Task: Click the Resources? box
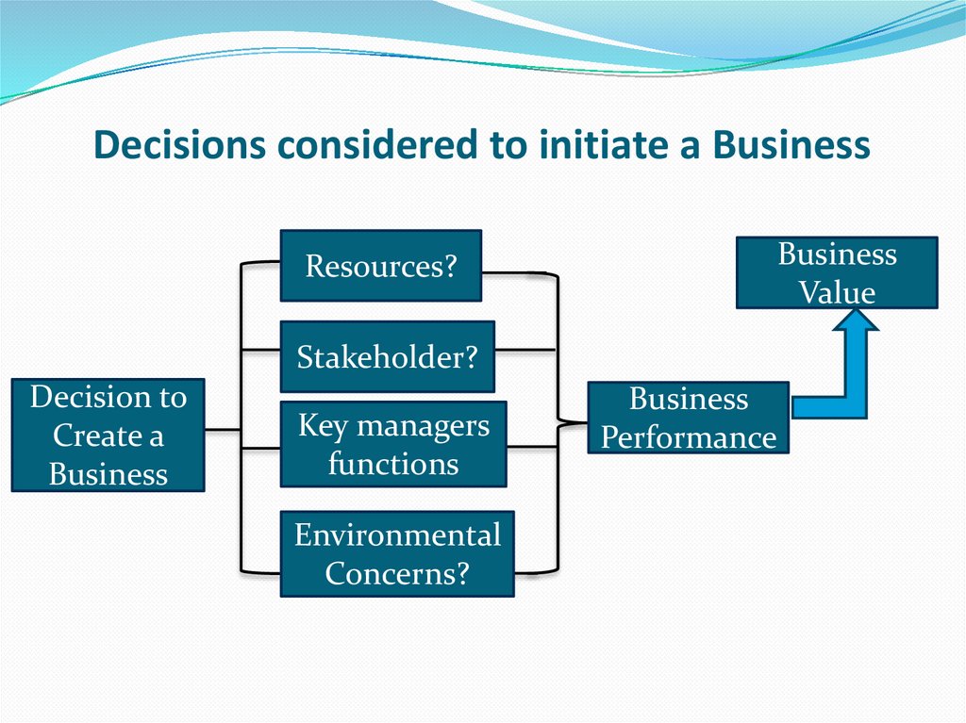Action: (x=381, y=266)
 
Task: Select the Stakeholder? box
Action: (x=387, y=356)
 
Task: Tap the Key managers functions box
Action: (x=392, y=444)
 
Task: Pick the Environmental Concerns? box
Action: (x=396, y=554)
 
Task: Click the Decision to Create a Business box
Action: (x=108, y=435)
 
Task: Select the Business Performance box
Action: (x=688, y=418)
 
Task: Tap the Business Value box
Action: (x=836, y=272)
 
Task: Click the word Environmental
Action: (x=397, y=535)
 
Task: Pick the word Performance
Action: (x=689, y=437)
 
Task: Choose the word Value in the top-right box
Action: (x=838, y=292)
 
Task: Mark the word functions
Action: (x=393, y=464)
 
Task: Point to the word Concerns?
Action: (x=397, y=573)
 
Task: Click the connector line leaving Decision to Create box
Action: (x=223, y=430)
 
